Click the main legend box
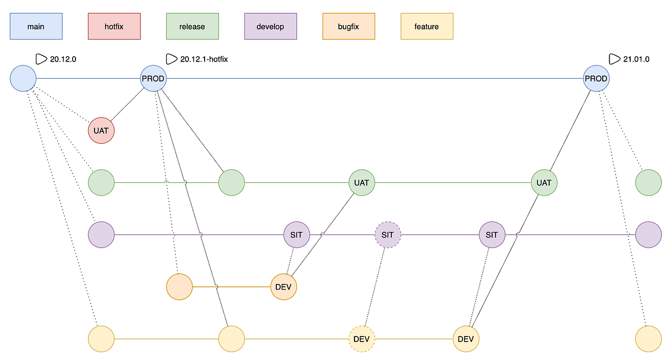(36, 26)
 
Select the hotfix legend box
(114, 26)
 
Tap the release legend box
(192, 26)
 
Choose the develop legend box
(271, 26)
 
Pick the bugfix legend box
(349, 26)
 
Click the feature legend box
(427, 26)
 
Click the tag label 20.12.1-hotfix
(204, 59)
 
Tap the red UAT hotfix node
(101, 131)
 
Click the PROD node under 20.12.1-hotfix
(153, 78)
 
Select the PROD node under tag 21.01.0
(596, 78)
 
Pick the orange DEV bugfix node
(283, 287)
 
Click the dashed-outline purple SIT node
(388, 235)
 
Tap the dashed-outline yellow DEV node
(362, 339)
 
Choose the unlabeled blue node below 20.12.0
(23, 78)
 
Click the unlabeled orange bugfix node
(179, 287)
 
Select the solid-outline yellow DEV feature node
(466, 339)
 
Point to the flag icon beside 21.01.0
(614, 59)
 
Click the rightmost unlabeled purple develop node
(649, 235)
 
